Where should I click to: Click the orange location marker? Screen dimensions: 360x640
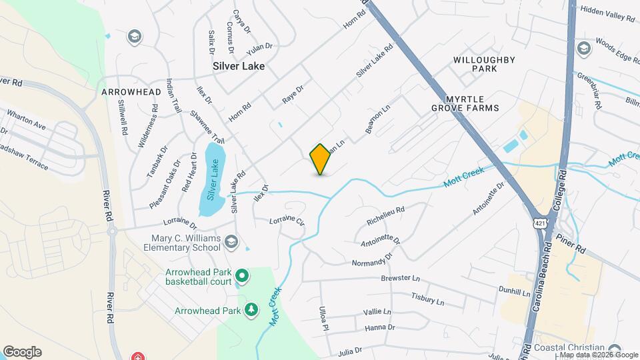tap(320, 159)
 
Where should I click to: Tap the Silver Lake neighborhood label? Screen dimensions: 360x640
tap(239, 67)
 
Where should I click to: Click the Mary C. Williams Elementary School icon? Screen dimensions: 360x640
tap(231, 241)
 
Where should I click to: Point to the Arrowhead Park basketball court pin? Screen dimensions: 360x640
tap(241, 275)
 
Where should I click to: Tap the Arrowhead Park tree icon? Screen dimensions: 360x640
tap(251, 310)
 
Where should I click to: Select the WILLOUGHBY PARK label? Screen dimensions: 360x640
tap(484, 64)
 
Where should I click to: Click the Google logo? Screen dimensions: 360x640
tap(22, 352)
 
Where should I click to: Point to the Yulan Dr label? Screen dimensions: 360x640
tap(260, 47)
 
